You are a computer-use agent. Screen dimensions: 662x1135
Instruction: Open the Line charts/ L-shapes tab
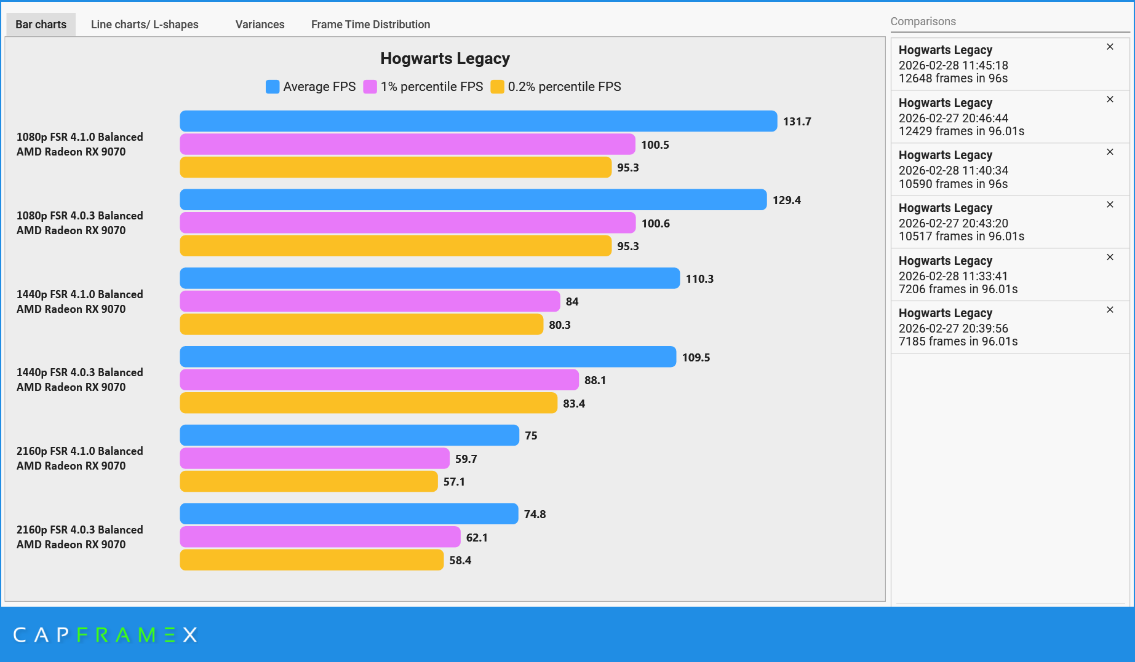145,25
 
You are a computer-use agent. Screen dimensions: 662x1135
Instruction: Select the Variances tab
260,25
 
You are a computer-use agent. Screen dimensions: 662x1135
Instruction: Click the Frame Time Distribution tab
370,25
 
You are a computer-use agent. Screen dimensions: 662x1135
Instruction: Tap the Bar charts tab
41,25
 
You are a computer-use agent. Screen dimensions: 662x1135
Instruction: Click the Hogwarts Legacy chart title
445,58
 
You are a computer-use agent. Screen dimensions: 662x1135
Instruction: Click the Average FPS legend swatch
273,87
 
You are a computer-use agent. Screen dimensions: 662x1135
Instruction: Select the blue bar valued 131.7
478,121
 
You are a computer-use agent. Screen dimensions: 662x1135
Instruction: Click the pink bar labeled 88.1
379,380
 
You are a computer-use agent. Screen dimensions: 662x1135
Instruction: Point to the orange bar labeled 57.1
308,481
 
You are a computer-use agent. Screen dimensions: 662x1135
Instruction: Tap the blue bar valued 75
349,435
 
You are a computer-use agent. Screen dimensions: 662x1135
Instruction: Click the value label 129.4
787,200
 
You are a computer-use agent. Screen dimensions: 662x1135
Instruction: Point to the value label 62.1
477,537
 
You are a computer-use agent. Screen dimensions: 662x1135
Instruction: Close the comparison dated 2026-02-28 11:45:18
1110,47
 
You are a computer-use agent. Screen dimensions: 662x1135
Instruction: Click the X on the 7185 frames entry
1110,310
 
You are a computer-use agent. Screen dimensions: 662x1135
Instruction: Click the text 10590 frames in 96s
953,184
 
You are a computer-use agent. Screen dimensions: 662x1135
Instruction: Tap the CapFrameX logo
105,634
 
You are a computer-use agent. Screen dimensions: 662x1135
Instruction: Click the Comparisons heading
923,22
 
